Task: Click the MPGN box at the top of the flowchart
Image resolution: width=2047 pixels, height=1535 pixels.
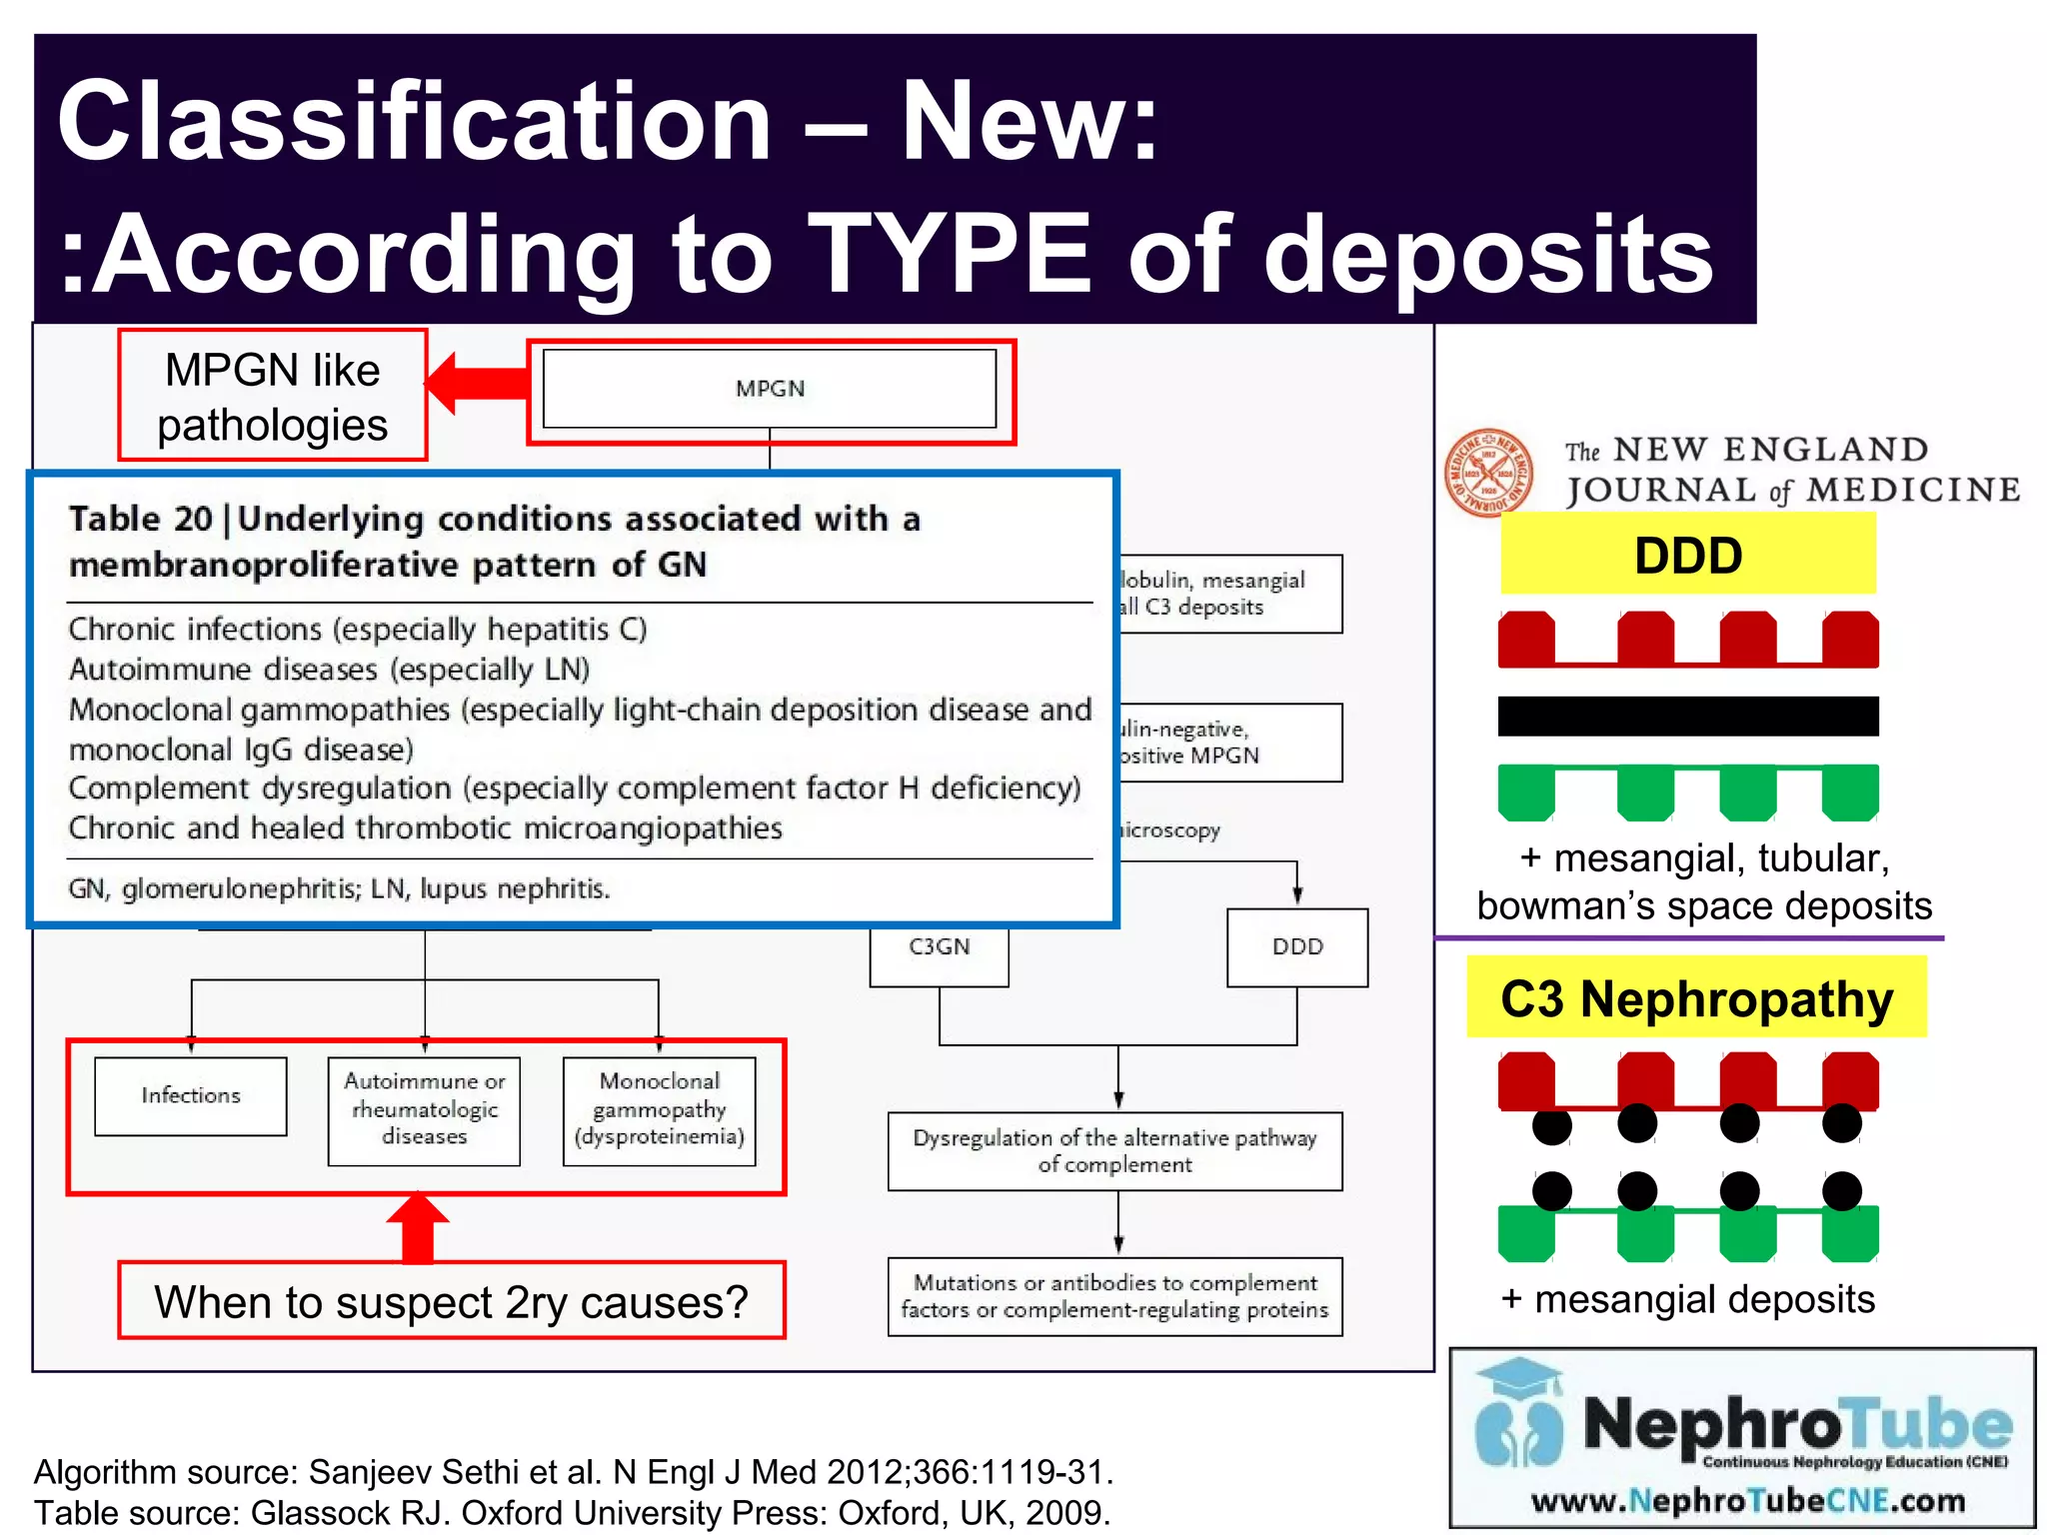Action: click(x=770, y=389)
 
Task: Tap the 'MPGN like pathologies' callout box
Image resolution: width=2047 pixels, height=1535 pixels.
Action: click(x=272, y=396)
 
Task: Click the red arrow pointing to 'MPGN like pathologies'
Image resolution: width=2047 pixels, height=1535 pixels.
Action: click(x=477, y=382)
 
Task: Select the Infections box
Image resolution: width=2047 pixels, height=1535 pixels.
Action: click(x=191, y=1096)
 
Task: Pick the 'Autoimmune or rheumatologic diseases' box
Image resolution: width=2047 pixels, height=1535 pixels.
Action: click(x=424, y=1110)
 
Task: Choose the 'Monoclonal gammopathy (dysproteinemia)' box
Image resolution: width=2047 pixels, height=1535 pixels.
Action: click(x=660, y=1110)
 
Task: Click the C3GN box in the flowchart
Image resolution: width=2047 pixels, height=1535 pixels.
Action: click(x=939, y=948)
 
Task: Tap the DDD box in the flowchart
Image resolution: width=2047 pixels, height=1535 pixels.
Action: click(x=1297, y=947)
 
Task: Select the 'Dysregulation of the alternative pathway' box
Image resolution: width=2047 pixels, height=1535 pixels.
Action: click(x=1114, y=1151)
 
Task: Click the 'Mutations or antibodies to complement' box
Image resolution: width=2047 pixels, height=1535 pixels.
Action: click(x=1114, y=1296)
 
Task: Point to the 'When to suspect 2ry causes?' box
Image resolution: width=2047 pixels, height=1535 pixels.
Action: click(x=452, y=1301)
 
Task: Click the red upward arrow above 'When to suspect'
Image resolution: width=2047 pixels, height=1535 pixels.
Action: click(x=418, y=1227)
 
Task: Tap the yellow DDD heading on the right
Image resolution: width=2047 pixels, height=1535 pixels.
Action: click(x=1687, y=555)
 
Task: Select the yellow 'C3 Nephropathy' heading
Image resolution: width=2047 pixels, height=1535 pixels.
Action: click(x=1696, y=998)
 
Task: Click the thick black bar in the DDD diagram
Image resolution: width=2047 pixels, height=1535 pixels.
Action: click(x=1687, y=716)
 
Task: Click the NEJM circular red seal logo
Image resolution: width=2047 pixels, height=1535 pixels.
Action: click(x=1488, y=473)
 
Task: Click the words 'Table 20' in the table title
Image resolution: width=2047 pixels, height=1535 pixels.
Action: click(x=141, y=520)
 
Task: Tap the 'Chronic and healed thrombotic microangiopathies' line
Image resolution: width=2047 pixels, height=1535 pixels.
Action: click(x=425, y=828)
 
